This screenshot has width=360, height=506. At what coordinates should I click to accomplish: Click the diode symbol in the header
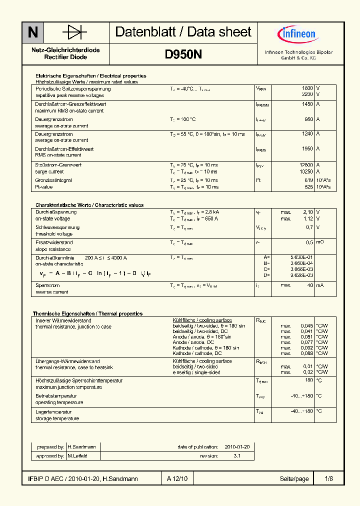[x=74, y=33]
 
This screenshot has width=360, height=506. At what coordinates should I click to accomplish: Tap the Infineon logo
[x=296, y=34]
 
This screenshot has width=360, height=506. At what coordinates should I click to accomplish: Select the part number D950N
[x=183, y=55]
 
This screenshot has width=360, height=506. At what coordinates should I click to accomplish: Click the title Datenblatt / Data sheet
[x=183, y=32]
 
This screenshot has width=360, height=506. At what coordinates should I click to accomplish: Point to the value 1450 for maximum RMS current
[x=307, y=104]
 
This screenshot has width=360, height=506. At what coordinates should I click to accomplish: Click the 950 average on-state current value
[x=308, y=119]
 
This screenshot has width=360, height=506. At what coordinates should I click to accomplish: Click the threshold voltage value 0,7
[x=309, y=227]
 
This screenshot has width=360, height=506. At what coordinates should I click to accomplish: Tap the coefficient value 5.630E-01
[x=302, y=257]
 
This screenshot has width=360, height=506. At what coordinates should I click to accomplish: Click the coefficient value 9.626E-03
[x=302, y=275]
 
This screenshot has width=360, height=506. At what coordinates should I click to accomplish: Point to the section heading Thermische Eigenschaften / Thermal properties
[x=88, y=313]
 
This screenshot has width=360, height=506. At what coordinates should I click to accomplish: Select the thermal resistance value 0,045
[x=306, y=326]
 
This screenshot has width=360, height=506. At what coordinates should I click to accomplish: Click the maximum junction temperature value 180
[x=309, y=380]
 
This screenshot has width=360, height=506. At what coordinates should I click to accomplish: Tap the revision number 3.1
[x=237, y=456]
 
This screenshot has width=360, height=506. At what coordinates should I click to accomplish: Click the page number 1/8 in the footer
[x=328, y=479]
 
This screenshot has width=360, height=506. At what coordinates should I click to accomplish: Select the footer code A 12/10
[x=177, y=479]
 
